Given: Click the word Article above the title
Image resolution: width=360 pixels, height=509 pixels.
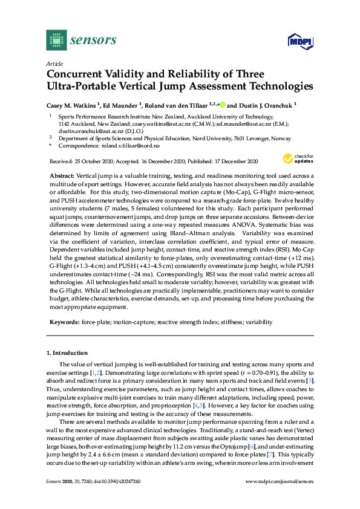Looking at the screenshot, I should (54, 63).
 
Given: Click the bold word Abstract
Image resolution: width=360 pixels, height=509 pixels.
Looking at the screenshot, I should (63, 174).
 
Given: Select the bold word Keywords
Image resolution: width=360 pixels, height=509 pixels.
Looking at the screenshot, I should (65, 322).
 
